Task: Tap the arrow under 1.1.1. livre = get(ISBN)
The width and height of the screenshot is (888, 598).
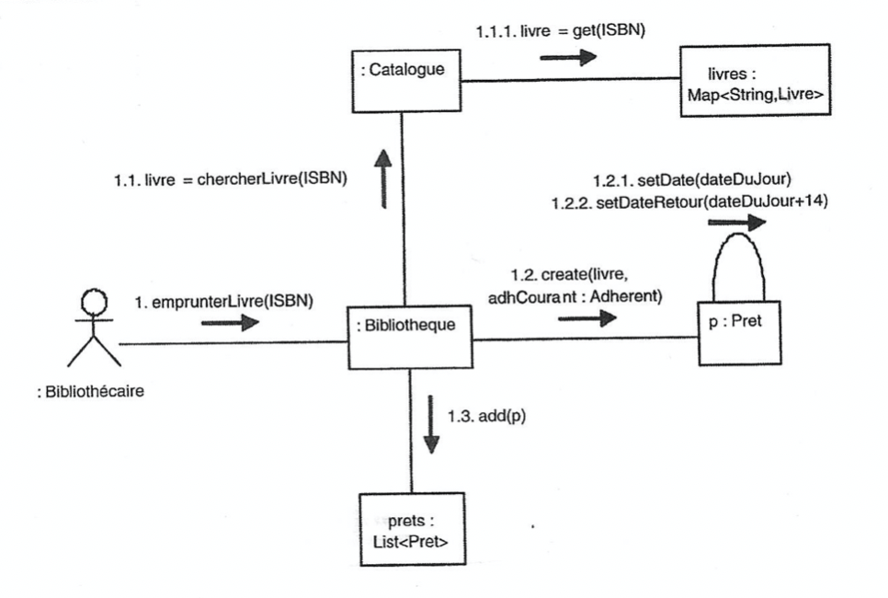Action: tap(568, 57)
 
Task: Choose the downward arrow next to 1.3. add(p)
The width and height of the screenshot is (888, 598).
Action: tap(431, 424)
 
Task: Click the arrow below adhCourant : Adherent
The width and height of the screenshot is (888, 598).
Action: tap(586, 318)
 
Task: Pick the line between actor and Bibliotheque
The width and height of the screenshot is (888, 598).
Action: tap(230, 345)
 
